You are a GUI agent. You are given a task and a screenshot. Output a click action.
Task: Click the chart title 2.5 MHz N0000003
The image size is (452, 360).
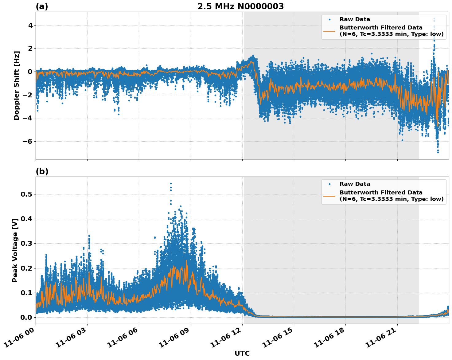[x=240, y=6]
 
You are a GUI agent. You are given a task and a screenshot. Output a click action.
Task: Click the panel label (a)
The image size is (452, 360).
[x=42, y=6]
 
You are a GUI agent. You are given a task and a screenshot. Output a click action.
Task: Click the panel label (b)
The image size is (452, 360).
[x=42, y=171]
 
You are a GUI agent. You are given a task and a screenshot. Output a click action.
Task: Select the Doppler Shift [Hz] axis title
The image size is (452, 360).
[x=17, y=85]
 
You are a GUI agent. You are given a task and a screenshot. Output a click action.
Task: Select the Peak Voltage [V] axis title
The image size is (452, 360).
[x=15, y=250]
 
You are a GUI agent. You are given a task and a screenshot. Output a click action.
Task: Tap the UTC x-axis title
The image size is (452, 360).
[x=242, y=353]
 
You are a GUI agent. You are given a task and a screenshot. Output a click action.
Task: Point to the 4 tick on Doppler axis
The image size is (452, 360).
[x=30, y=25]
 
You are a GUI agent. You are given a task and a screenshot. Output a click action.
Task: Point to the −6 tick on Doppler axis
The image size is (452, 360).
[x=28, y=141]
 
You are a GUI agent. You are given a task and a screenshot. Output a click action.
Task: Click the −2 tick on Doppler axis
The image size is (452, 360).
[x=28, y=95]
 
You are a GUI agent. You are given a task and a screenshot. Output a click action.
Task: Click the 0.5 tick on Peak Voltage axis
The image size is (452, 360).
[x=27, y=194]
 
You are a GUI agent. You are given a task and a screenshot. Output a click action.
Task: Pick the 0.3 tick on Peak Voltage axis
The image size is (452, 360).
[x=27, y=244]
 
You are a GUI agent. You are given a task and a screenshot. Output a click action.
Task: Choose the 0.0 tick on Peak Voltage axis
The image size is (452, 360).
[x=27, y=317]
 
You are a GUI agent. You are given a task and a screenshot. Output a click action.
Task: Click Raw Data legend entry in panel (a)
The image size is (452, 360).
[x=355, y=19]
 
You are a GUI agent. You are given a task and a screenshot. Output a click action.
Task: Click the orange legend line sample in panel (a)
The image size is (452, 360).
[x=329, y=31]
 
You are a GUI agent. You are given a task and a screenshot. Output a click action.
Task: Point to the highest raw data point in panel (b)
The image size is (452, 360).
[x=171, y=183]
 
